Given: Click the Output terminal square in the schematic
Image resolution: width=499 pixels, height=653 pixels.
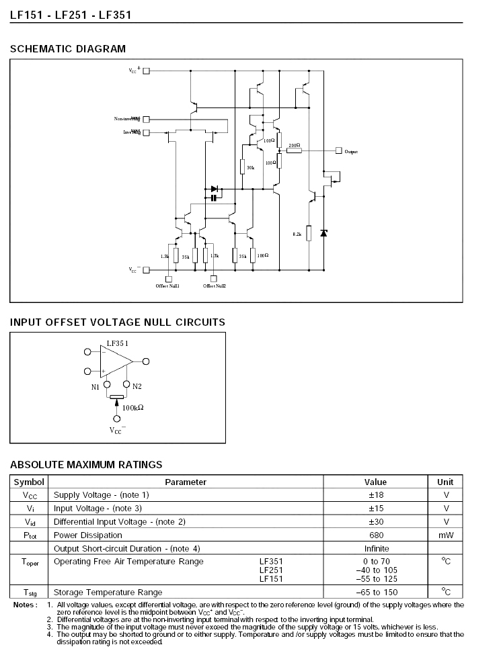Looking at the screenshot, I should tap(338, 151).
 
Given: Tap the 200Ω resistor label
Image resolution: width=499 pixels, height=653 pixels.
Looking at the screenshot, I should tap(294, 145).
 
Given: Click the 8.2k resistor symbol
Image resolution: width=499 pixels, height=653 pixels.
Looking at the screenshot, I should tap(309, 232).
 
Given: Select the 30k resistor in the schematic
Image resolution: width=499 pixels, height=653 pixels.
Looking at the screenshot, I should tap(241, 167).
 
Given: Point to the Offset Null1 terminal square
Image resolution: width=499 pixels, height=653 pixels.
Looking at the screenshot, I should tap(168, 279).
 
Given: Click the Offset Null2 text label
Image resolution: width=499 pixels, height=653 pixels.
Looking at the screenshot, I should tap(215, 286).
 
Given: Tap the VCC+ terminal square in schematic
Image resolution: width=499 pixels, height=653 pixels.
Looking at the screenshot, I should tap(146, 71).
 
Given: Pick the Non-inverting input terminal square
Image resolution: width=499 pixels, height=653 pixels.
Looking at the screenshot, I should tap(146, 119).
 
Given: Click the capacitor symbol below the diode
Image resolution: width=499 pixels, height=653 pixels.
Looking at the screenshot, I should tap(214, 198).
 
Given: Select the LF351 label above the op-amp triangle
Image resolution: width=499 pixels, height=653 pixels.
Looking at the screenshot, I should tap(117, 343).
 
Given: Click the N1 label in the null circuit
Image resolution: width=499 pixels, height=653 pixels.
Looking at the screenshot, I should tap(95, 386).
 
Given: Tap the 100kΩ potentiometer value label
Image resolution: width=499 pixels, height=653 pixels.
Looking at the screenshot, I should tap(133, 407).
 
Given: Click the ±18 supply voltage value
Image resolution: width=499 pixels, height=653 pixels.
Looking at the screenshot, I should tap(375, 495).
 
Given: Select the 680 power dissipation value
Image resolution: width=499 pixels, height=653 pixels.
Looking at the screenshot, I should tap(375, 535).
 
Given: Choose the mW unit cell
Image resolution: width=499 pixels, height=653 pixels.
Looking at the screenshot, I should tap(445, 535).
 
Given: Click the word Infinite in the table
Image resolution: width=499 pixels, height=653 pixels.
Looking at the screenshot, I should tap(375, 549).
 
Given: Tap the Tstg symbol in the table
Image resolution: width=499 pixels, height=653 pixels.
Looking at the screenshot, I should tap(30, 593).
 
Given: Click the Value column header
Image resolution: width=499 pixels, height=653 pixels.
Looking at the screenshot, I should tap(375, 482).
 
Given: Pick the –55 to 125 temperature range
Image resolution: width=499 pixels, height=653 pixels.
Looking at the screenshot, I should tap(376, 579).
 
